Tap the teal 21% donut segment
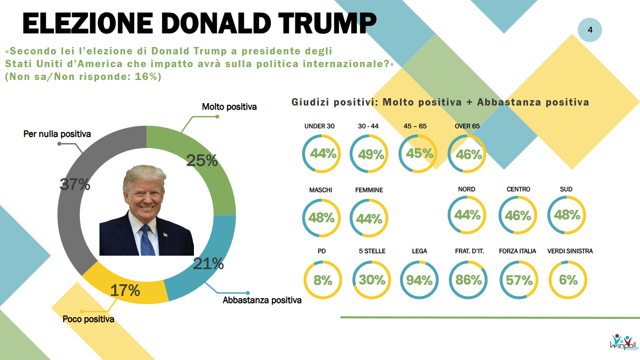click(206, 264)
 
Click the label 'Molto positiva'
click(229, 107)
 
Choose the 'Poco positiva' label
click(88, 319)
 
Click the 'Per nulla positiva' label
click(57, 134)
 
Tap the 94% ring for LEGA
click(419, 280)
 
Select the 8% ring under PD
click(323, 280)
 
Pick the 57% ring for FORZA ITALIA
click(519, 280)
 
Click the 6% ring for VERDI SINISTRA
click(568, 280)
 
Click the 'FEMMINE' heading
click(369, 190)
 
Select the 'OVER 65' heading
click(467, 126)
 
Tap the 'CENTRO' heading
click(518, 189)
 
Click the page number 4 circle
click(590, 30)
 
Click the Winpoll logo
click(623, 342)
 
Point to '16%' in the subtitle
click(146, 77)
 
